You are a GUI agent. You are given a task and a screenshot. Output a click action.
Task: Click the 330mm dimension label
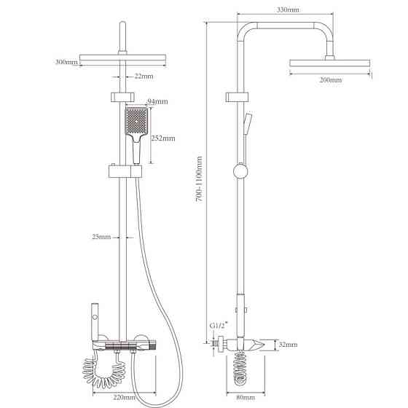288,10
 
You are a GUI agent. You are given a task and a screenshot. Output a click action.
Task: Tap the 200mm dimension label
331,79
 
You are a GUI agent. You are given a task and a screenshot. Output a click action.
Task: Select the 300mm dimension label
66,62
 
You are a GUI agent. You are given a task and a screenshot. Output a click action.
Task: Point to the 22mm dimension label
144,76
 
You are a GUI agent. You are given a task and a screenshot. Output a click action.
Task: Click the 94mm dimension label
157,101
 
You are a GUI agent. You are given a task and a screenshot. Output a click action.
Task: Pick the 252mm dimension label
163,138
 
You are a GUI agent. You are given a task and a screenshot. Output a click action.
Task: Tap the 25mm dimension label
101,237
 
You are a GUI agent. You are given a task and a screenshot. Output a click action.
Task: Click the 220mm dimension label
125,397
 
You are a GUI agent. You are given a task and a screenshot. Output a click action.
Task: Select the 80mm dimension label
246,397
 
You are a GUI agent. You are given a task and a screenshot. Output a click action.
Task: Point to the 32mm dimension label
288,345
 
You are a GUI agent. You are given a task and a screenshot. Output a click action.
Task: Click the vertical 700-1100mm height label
199,179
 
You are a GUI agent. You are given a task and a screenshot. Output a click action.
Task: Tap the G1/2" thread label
219,325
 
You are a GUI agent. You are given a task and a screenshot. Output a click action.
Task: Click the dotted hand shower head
136,121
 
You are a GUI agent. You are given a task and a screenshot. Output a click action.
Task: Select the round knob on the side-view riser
240,171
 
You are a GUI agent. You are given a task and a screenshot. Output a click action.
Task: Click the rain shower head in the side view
329,63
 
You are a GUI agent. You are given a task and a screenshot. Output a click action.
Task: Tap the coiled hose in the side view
240,368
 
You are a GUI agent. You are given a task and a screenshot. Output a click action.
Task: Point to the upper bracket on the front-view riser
122,97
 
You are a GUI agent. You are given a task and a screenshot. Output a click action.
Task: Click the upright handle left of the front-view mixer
95,322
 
